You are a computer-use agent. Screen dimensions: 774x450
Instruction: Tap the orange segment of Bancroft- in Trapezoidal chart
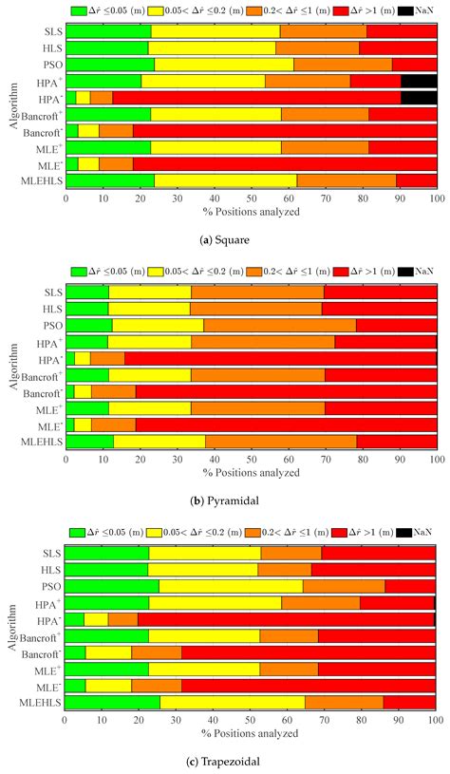(x=156, y=651)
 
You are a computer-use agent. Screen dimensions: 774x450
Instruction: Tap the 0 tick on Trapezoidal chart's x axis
(x=65, y=718)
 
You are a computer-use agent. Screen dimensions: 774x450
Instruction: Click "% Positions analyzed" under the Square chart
(x=251, y=210)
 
